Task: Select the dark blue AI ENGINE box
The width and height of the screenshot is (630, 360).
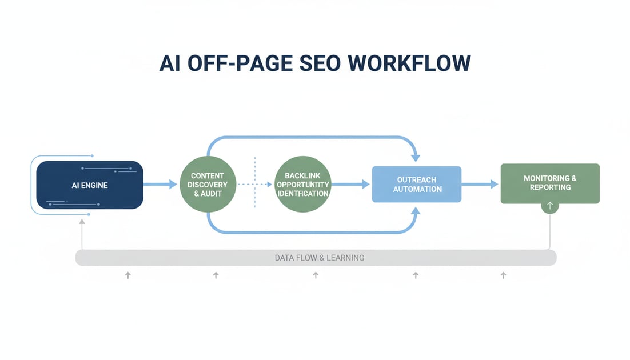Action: coord(89,185)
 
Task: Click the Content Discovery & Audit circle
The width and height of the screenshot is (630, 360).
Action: coord(207,185)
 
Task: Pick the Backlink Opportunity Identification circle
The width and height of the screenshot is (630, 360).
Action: coord(302,185)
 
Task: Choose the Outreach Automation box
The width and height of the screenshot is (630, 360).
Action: coord(417,184)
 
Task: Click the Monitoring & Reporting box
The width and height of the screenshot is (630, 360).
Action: coord(549,183)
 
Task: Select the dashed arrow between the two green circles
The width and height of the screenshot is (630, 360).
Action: coord(254,185)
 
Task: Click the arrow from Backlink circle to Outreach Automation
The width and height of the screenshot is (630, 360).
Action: coord(350,184)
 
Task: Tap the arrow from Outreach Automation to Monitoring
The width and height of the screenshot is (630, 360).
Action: coord(480,184)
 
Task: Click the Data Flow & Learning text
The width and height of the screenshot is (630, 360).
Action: coord(319,258)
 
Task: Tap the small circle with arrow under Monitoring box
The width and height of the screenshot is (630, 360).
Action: coord(549,206)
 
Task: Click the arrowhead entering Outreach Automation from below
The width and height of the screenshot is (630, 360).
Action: coord(416,211)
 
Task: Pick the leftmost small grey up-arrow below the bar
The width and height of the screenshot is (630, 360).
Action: coord(128,275)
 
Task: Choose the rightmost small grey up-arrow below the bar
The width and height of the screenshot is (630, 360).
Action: coord(503,275)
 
